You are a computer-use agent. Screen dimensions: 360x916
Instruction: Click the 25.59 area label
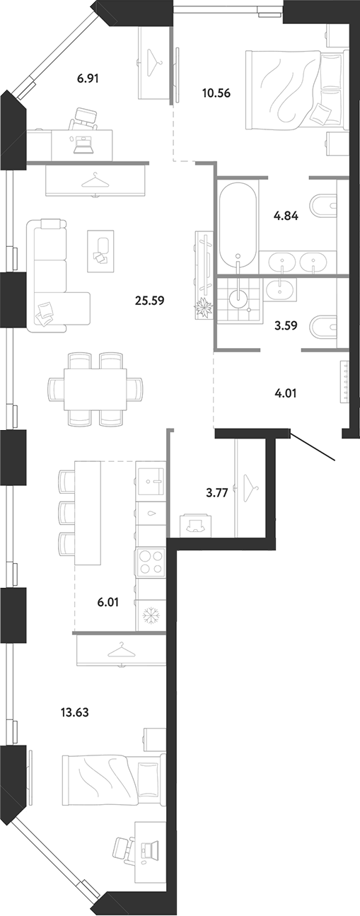tap(149, 301)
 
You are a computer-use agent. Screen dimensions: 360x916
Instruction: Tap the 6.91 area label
tap(88, 78)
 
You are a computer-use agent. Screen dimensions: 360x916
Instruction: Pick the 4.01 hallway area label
tap(286, 393)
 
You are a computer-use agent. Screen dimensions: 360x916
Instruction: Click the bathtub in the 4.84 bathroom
tap(238, 224)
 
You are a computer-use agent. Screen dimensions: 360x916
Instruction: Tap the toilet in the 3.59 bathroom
tap(323, 327)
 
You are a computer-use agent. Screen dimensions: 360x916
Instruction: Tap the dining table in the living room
tap(95, 389)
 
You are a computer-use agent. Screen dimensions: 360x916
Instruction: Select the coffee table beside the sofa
tap(100, 251)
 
